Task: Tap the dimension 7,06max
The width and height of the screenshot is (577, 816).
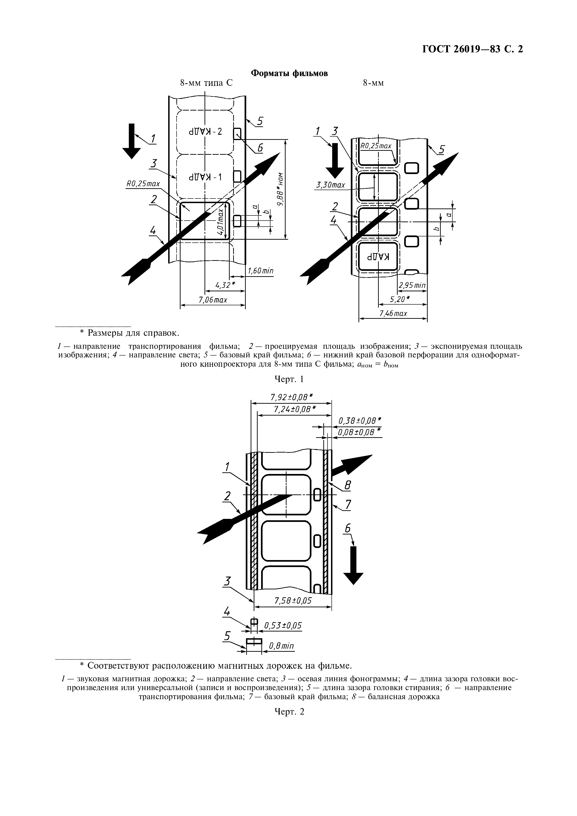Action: (x=213, y=300)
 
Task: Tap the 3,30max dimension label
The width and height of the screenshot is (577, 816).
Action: (x=331, y=185)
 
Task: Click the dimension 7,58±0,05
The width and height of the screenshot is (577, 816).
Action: (x=293, y=601)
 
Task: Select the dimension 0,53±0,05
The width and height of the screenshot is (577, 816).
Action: (x=283, y=625)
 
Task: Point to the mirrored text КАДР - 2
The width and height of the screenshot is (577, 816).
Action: (x=206, y=131)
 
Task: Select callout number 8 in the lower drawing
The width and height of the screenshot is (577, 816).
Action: (x=348, y=485)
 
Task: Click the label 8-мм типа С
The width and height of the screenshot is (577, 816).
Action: (x=206, y=83)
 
